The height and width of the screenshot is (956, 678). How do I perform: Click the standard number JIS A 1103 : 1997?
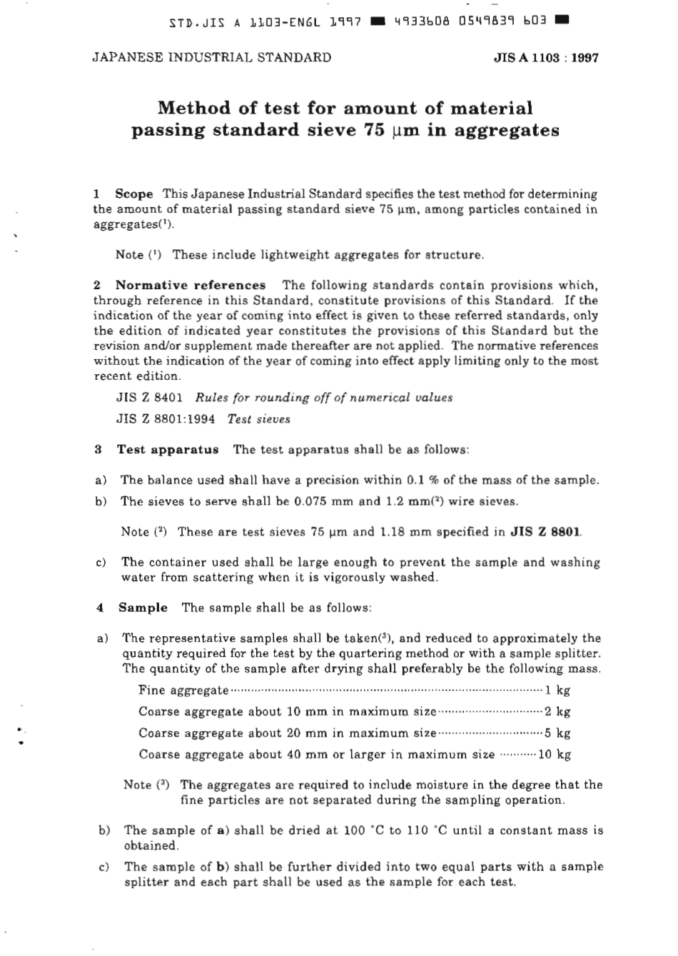click(x=545, y=58)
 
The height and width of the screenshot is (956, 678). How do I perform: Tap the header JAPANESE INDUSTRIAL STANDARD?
click(x=212, y=58)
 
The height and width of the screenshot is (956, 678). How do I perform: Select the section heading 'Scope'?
click(x=134, y=194)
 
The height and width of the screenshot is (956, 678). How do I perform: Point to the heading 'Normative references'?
click(x=191, y=286)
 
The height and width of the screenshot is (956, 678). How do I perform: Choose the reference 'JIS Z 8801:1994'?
click(x=166, y=420)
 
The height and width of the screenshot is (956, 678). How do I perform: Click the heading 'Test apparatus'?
click(x=168, y=450)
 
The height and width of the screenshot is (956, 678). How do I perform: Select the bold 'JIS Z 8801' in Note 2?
click(x=547, y=532)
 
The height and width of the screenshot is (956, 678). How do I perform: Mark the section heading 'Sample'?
click(x=143, y=608)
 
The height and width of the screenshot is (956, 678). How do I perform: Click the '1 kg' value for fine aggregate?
click(x=557, y=690)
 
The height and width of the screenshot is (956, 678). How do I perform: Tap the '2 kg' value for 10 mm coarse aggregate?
click(x=557, y=712)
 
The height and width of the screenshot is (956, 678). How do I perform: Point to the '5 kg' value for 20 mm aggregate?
click(x=557, y=733)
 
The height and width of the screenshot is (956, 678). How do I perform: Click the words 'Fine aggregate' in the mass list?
click(x=183, y=690)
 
